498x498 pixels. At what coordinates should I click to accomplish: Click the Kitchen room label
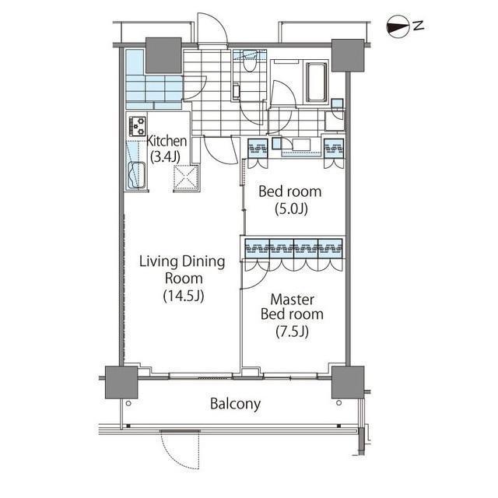(167, 142)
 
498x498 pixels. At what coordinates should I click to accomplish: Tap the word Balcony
(235, 404)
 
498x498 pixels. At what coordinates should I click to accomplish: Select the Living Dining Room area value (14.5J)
(184, 296)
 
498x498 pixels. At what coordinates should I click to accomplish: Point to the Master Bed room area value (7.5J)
(292, 331)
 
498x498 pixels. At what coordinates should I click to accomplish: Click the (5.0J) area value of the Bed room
(291, 209)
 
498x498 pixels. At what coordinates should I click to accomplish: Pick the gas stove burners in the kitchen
(138, 126)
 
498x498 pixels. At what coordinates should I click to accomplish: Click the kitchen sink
(137, 175)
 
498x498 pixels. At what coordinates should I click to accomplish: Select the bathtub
(317, 82)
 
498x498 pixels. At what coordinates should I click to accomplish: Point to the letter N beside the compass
(419, 25)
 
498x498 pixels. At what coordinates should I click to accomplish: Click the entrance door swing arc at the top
(219, 23)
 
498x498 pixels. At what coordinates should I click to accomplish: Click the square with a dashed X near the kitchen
(186, 178)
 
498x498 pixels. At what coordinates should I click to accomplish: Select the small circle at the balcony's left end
(128, 403)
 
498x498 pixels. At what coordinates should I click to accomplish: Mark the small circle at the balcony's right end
(339, 403)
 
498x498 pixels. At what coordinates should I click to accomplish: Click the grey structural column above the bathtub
(348, 55)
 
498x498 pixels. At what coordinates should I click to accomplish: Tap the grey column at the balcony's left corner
(121, 382)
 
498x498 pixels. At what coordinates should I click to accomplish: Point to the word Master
(293, 300)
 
